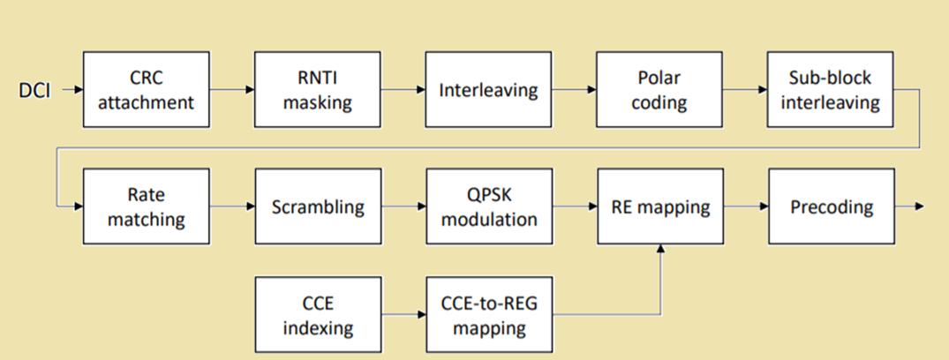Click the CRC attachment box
pyautogui.click(x=147, y=89)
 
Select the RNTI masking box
pyautogui.click(x=318, y=89)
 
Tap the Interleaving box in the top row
pyautogui.click(x=488, y=89)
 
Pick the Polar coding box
pyautogui.click(x=659, y=89)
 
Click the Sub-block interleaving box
pyautogui.click(x=831, y=89)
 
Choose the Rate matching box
pyautogui.click(x=147, y=206)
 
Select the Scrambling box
pyautogui.click(x=319, y=206)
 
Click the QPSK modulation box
pyautogui.click(x=490, y=206)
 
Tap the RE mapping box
pyautogui.click(x=660, y=206)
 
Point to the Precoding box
pyautogui.click(x=832, y=206)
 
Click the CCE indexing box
pyautogui.click(x=319, y=315)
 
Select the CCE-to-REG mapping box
pyautogui.click(x=490, y=315)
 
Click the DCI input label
pyautogui.click(x=34, y=92)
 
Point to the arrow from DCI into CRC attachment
pyautogui.click(x=72, y=89)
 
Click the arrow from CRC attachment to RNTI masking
pyautogui.click(x=232, y=89)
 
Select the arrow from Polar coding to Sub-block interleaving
pyautogui.click(x=745, y=89)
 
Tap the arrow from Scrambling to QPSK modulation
pyautogui.click(x=403, y=206)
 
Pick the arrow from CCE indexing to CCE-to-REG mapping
pyautogui.click(x=403, y=315)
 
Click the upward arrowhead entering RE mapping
pyautogui.click(x=660, y=249)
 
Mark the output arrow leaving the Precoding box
pyautogui.click(x=909, y=206)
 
